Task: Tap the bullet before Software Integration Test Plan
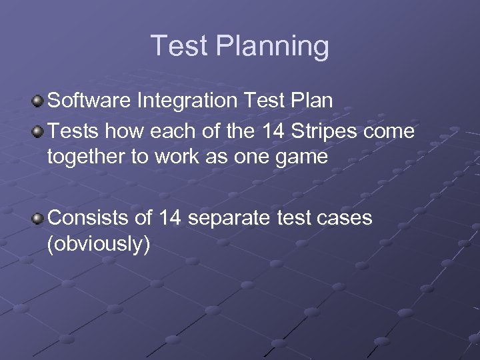39,101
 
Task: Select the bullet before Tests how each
39,131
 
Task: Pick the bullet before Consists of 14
39,219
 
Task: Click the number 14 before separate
171,217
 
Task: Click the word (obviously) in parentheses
98,244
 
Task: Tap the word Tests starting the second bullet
73,131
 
